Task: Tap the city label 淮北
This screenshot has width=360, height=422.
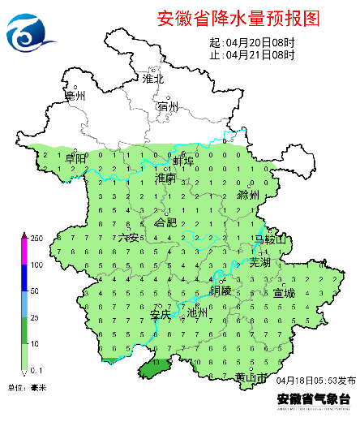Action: [153, 79]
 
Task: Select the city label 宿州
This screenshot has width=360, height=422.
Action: [168, 106]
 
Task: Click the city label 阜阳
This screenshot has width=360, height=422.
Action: [75, 159]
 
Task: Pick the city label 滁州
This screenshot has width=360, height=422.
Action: [248, 196]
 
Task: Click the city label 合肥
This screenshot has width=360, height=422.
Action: [165, 222]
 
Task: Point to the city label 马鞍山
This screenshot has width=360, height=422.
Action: [271, 239]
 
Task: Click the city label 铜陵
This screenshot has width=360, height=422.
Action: [221, 290]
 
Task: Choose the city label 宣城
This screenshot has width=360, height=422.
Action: [285, 292]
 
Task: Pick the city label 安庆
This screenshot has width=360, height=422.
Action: [161, 313]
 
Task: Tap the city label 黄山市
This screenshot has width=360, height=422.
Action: [251, 377]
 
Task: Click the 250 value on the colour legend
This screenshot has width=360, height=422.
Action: [36, 238]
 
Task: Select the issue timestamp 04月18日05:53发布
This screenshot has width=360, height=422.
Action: [316, 380]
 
